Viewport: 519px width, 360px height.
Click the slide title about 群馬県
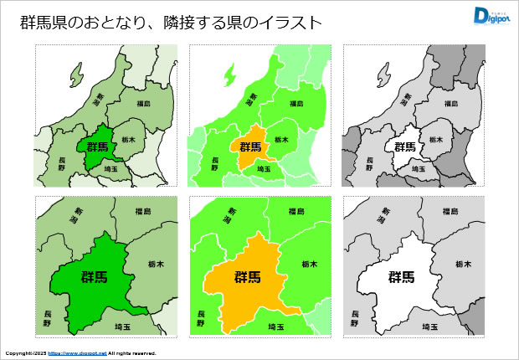[x=171, y=23]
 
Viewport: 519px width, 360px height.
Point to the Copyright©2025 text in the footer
[x=25, y=353]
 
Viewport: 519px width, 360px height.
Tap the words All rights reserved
[x=132, y=353]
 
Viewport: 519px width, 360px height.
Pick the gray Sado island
[x=383, y=76]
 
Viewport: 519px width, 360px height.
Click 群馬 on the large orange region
[x=247, y=277]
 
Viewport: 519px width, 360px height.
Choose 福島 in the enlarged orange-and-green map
[x=296, y=212]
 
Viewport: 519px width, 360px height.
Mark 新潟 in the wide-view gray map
[x=405, y=102]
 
